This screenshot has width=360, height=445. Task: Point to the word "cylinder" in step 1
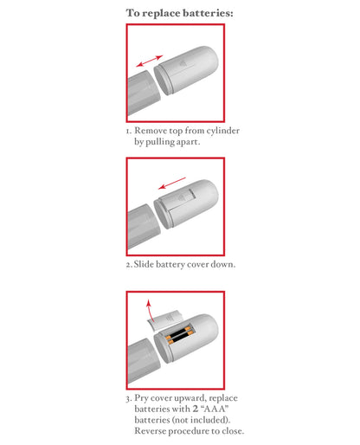pos(220,131)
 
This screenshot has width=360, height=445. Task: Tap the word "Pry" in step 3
pos(142,398)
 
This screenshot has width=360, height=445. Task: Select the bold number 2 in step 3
pos(194,409)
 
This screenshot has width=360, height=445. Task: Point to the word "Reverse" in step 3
pos(153,430)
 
